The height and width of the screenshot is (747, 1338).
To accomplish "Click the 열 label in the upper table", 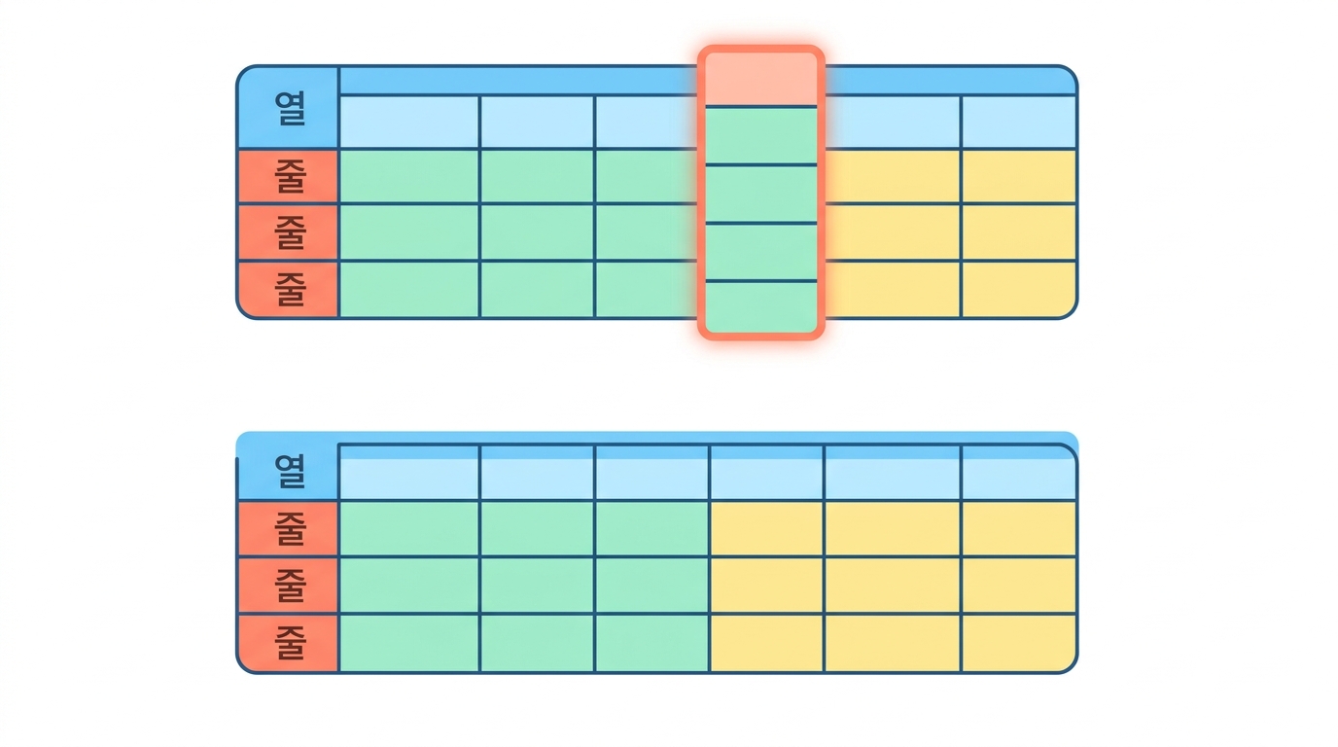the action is click(x=290, y=108).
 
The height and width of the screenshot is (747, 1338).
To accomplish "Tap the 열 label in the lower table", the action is click(x=290, y=471).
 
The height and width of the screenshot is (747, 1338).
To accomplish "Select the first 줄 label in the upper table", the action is click(x=290, y=176).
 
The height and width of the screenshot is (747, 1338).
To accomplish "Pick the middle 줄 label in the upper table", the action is click(x=290, y=232).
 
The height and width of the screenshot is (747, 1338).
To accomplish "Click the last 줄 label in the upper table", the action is click(x=290, y=289).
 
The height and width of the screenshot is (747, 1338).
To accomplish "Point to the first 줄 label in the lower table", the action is click(x=290, y=529).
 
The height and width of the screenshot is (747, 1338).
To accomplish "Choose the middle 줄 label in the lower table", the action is click(x=290, y=586).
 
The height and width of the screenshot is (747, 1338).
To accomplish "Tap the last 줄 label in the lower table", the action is click(x=290, y=642).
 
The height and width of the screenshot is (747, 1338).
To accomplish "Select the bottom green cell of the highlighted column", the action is click(x=761, y=306).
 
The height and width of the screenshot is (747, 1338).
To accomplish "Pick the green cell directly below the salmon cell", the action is click(x=761, y=135).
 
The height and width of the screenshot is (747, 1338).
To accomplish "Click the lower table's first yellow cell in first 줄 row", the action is click(x=766, y=528).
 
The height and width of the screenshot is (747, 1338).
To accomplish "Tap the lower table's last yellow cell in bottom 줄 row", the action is click(x=1018, y=642).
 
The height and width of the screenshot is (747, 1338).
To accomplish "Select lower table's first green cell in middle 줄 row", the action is click(x=408, y=585).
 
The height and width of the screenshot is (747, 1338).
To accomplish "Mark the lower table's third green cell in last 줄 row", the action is click(x=651, y=642).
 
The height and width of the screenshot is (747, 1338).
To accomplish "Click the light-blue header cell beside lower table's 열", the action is click(x=408, y=472).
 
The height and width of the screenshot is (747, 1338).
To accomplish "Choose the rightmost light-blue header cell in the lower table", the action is click(x=1018, y=472).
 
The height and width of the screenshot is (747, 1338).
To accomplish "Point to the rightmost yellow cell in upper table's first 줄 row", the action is click(x=1018, y=176).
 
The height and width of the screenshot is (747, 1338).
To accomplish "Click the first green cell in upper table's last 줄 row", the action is click(x=408, y=289).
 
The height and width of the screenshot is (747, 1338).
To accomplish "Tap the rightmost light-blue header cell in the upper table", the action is click(x=1018, y=122).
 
